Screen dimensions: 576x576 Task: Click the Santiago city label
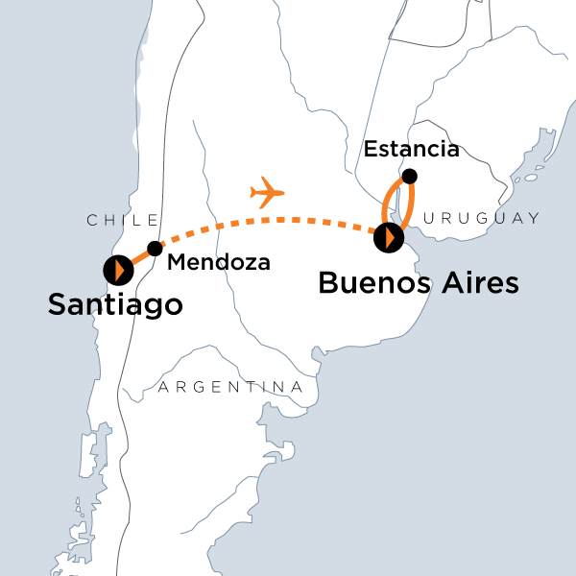point(115,306)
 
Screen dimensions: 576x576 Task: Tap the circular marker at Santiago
point(117,270)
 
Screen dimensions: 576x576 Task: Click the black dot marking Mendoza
point(154,248)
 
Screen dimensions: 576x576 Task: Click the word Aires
point(475,283)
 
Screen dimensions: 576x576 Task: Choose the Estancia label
point(412,149)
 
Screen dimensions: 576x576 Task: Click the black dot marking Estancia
point(410,176)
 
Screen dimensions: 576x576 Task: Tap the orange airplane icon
point(268,193)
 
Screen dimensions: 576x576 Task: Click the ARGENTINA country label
point(230,387)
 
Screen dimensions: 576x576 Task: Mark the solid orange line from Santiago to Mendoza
point(137,257)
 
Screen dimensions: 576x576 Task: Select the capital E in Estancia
point(371,149)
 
